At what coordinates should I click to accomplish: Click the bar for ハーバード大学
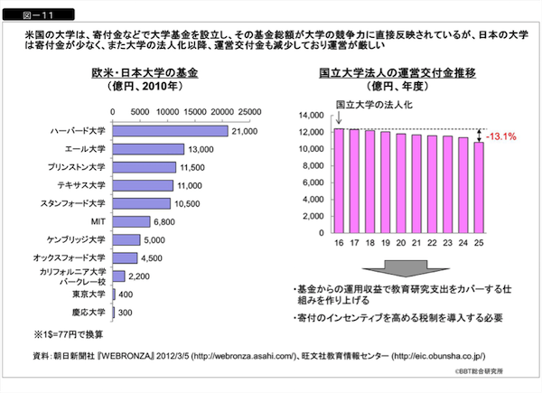point(170,131)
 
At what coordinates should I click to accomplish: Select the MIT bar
point(132,221)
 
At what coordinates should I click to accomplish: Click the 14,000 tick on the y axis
point(309,116)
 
